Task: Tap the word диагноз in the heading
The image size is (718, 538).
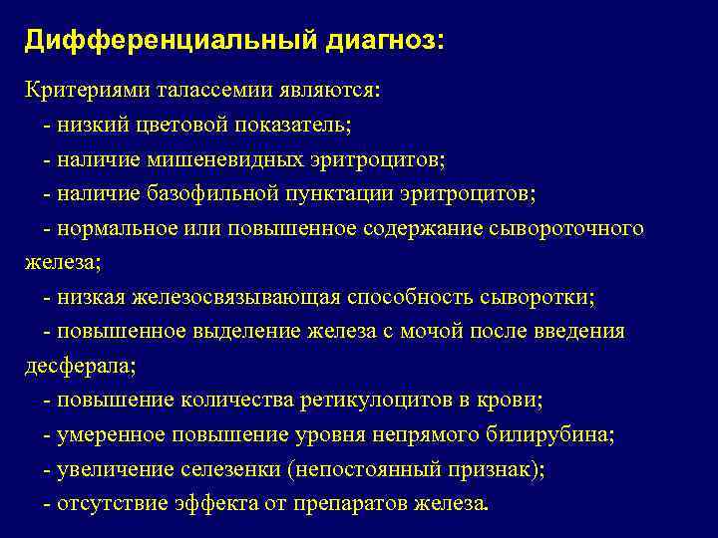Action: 378,41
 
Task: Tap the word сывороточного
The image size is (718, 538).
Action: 566,228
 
